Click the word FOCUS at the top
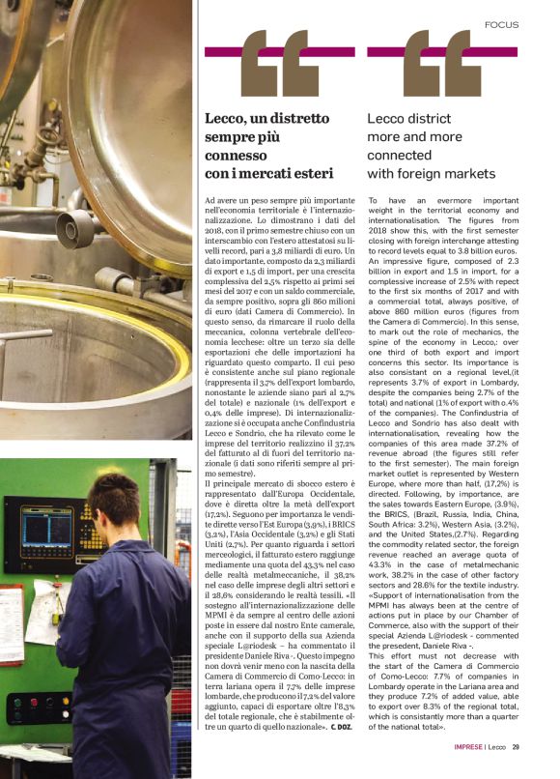click(501, 23)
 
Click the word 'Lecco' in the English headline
click(389, 119)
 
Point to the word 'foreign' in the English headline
click(424, 174)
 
